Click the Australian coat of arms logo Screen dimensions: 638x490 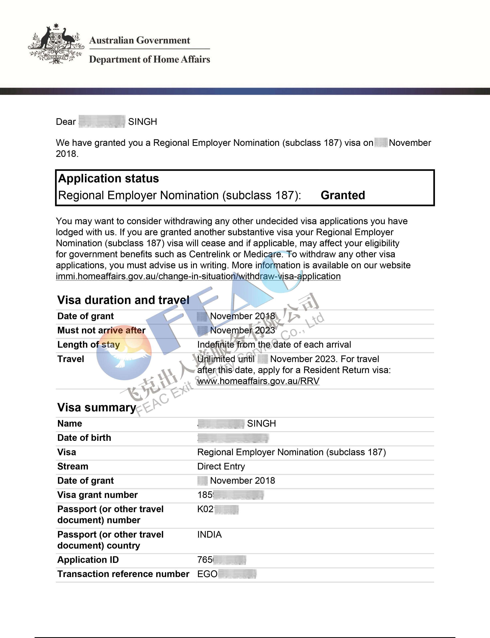coord(56,44)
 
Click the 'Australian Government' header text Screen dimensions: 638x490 coord(139,40)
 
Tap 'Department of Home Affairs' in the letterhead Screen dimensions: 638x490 coord(149,59)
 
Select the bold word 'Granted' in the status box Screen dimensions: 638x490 coord(343,195)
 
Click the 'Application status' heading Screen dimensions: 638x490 coord(109,178)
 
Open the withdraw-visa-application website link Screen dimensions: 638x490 coord(198,276)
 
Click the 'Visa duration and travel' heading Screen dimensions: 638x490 coord(123,300)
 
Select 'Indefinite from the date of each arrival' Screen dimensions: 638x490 coord(274,345)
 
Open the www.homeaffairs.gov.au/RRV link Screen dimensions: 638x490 coord(258,381)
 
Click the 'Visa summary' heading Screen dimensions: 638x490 coord(97,407)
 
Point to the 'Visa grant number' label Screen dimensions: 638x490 coord(97,495)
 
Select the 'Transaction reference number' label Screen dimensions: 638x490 coord(123,574)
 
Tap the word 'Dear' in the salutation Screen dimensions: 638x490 coord(66,122)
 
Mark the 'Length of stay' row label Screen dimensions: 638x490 coord(88,345)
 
